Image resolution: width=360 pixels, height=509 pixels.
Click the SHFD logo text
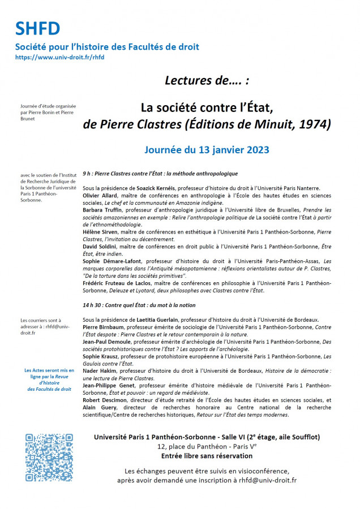tap(37, 28)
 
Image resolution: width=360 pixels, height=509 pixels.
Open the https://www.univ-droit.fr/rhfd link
tap(60, 57)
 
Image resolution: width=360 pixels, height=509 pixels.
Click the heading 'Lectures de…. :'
tap(207, 80)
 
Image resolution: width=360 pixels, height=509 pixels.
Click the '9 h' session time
tap(87, 174)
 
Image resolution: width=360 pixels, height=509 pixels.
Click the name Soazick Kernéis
tap(155, 188)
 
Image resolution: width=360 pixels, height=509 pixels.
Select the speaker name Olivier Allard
tap(100, 196)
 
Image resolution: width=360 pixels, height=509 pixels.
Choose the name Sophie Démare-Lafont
tap(113, 262)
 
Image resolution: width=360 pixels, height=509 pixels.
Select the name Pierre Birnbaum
tap(104, 327)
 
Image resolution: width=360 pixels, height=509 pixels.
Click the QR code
tap(49, 458)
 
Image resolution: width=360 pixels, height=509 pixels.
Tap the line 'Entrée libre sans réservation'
tap(207, 456)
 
